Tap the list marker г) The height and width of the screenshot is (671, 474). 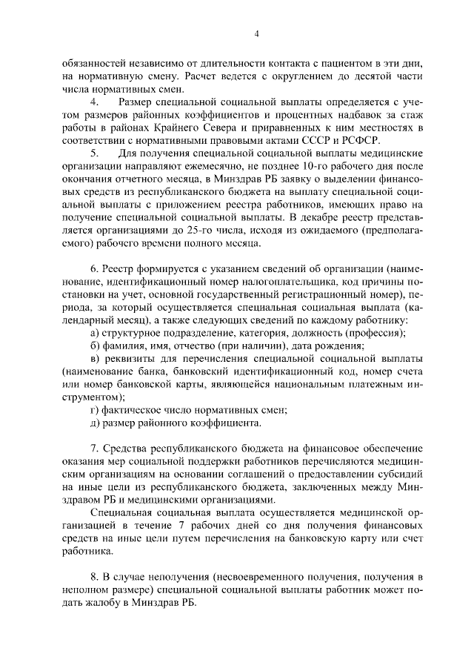(x=93, y=410)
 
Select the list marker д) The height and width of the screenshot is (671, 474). (x=94, y=423)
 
